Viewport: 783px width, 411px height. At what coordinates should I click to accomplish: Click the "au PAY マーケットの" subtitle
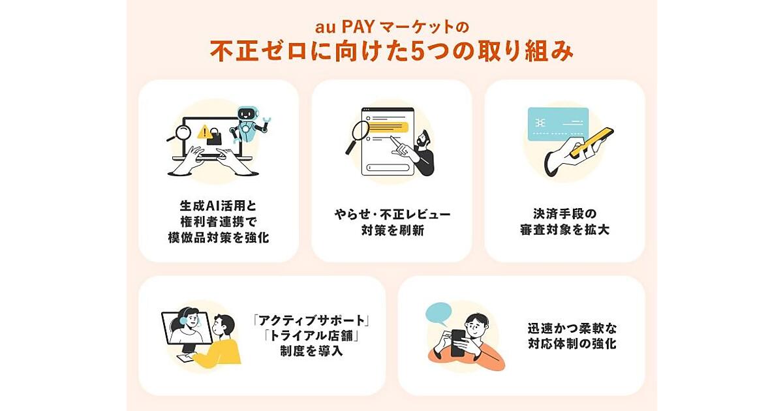tap(391, 27)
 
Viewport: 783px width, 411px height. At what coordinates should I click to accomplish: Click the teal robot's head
tap(249, 114)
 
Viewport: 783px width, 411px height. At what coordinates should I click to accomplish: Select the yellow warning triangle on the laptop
tap(204, 132)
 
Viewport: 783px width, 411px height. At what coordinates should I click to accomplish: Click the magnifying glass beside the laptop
tap(180, 134)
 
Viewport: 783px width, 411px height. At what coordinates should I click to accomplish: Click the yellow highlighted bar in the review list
tap(388, 127)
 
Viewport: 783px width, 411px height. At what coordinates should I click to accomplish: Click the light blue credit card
tap(558, 124)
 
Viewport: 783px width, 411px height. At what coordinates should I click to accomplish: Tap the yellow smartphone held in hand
tap(591, 143)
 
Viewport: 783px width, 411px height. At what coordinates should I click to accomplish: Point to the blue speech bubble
tap(438, 313)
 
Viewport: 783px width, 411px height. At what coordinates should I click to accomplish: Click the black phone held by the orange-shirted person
tap(458, 342)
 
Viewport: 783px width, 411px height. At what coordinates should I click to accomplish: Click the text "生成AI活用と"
tap(219, 206)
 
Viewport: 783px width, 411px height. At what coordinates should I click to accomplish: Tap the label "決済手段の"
tap(565, 213)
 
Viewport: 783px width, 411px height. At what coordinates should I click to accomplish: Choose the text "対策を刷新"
tap(393, 230)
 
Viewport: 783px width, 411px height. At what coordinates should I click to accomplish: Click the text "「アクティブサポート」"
tap(311, 320)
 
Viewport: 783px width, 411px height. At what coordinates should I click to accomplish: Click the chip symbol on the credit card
tap(540, 123)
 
